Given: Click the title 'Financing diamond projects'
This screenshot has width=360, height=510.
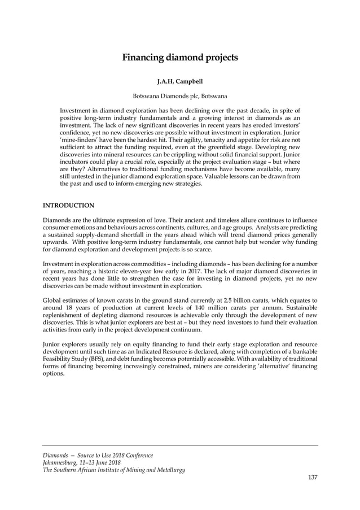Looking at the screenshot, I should [180, 57].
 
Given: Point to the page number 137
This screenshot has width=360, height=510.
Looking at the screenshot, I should [313, 478].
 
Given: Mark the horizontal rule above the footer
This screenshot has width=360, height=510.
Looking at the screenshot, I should [181, 446].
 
